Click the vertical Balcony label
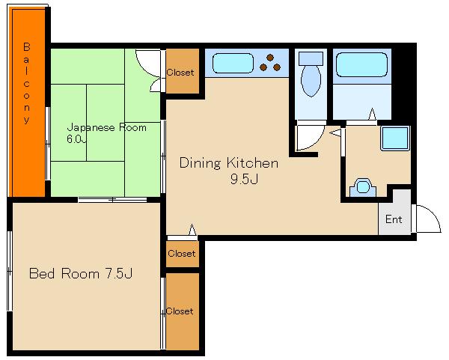point(27,83)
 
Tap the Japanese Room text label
point(106,128)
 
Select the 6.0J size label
point(76,139)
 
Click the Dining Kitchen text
point(229,163)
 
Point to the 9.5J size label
point(244,179)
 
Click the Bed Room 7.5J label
point(81,273)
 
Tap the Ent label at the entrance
point(394,219)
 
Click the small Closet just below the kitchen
point(182,254)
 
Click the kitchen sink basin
point(233,63)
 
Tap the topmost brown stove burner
point(270,58)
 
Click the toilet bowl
point(311,82)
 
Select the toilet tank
point(311,58)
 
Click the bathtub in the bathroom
point(362,64)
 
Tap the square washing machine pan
point(395,138)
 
